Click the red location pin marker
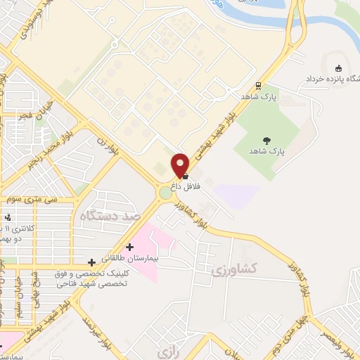tap(181, 165)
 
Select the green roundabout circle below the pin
tap(167, 192)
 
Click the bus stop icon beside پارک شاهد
tap(258, 86)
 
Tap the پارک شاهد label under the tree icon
tap(266, 152)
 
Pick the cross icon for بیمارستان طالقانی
tap(129, 247)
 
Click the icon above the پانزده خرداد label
tap(339, 68)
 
